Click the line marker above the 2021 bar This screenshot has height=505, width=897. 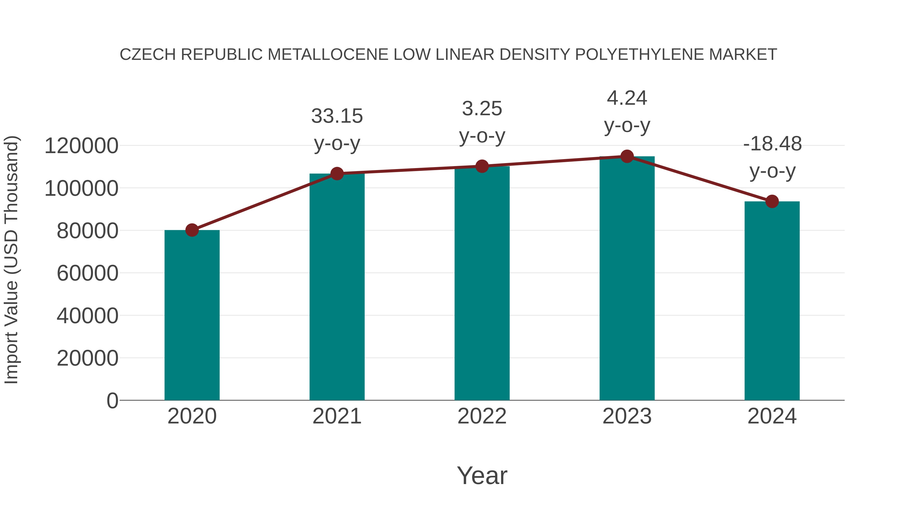coord(337,174)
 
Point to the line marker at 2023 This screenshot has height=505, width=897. coord(627,156)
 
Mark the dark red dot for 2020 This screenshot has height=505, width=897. coord(192,230)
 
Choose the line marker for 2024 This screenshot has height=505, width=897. coord(772,202)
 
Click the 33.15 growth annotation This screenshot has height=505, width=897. coord(337,116)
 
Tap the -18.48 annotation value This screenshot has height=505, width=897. coord(772,144)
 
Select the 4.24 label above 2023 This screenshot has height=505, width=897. coord(627,98)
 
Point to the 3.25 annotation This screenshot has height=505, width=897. coord(482,109)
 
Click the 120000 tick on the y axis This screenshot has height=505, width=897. coord(81,146)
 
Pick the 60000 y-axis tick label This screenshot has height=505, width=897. coord(87,273)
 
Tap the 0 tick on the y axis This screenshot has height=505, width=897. coord(112,401)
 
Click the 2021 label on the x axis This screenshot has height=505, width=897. coord(337,416)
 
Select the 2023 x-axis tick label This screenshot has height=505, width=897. coord(627,416)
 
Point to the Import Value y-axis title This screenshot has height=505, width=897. coord(11,260)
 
